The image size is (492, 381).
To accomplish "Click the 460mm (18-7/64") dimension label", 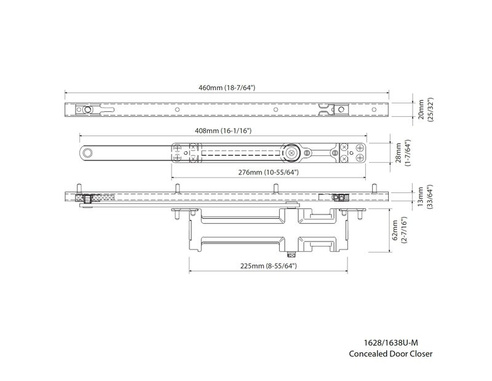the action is (226, 87).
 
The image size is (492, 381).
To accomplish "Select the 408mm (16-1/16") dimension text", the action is (223, 130).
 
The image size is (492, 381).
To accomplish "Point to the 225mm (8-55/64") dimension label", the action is (268, 266).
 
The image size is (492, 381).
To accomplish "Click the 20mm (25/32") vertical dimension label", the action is (425, 110).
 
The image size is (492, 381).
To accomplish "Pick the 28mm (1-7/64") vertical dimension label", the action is (403, 153).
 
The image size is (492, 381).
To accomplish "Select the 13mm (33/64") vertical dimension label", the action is (424, 197).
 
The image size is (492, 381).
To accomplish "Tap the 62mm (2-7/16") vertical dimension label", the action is (399, 230).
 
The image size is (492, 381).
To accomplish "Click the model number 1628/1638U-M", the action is (391, 342).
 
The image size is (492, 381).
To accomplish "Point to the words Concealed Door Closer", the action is (391, 354).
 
